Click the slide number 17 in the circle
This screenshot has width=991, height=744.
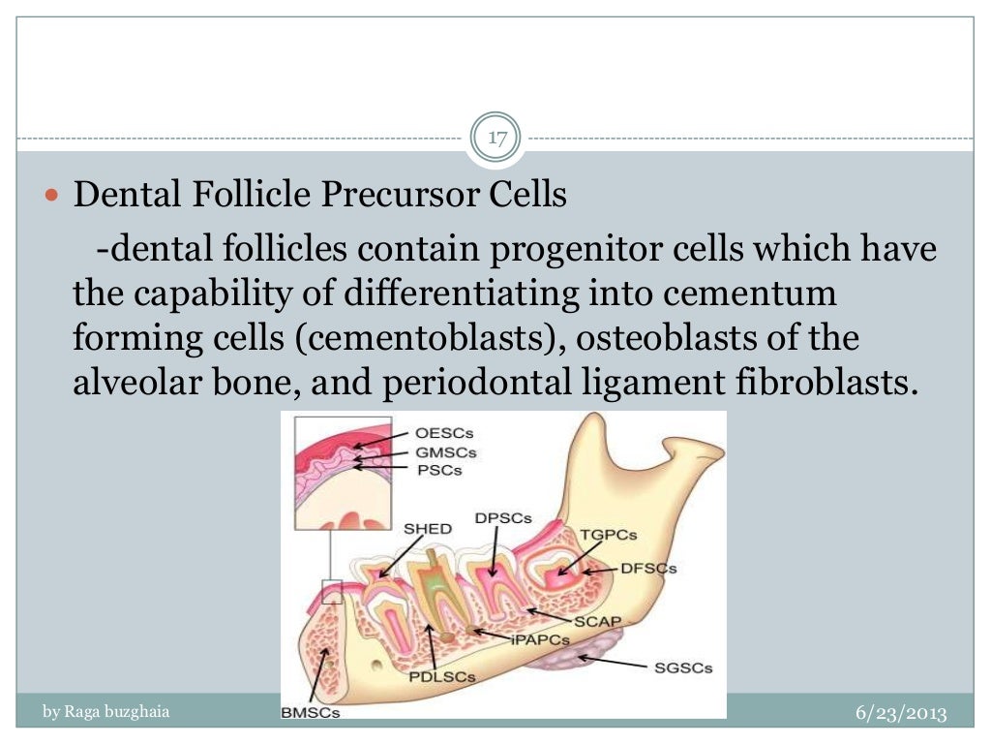497,138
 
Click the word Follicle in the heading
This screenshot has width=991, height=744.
253,195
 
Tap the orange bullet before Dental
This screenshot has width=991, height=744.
53,196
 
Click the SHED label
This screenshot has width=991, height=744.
427,529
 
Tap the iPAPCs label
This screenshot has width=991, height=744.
536,638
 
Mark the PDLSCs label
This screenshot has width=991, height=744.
442,677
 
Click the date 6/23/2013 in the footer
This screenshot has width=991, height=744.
901,713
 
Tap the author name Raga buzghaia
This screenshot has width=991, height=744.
106,712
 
